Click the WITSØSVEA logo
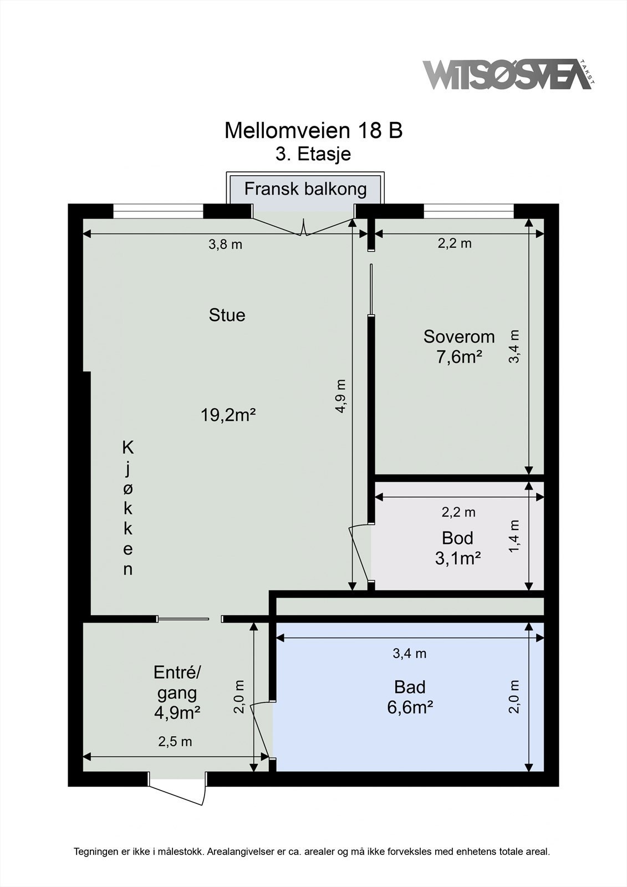click(x=508, y=74)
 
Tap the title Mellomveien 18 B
click(x=313, y=130)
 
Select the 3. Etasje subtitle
click(x=313, y=154)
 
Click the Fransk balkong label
click(x=305, y=189)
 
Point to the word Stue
click(x=227, y=315)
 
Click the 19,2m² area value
click(x=228, y=415)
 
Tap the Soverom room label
click(x=459, y=337)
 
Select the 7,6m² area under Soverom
click(x=459, y=357)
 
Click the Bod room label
click(x=457, y=538)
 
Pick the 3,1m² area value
click(x=458, y=558)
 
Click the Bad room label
click(x=410, y=687)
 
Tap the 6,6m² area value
click(x=410, y=707)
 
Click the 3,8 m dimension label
click(x=225, y=244)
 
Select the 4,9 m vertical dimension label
click(x=340, y=396)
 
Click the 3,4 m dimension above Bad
click(x=409, y=654)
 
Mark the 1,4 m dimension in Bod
click(x=514, y=536)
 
